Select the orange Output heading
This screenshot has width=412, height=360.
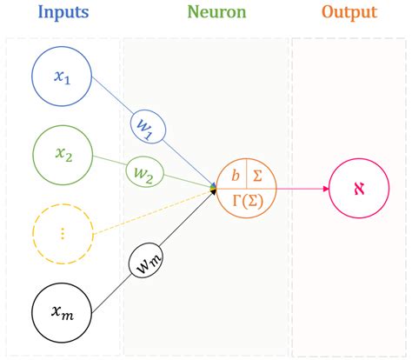[x=349, y=13]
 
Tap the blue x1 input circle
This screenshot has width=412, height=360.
[x=62, y=77]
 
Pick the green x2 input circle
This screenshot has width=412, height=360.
[x=62, y=154]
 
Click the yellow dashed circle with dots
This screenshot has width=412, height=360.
[x=62, y=232]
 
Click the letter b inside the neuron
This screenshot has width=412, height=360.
[x=235, y=174]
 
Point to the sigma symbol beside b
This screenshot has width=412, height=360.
[x=257, y=174]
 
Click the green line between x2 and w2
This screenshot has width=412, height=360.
[x=108, y=163]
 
